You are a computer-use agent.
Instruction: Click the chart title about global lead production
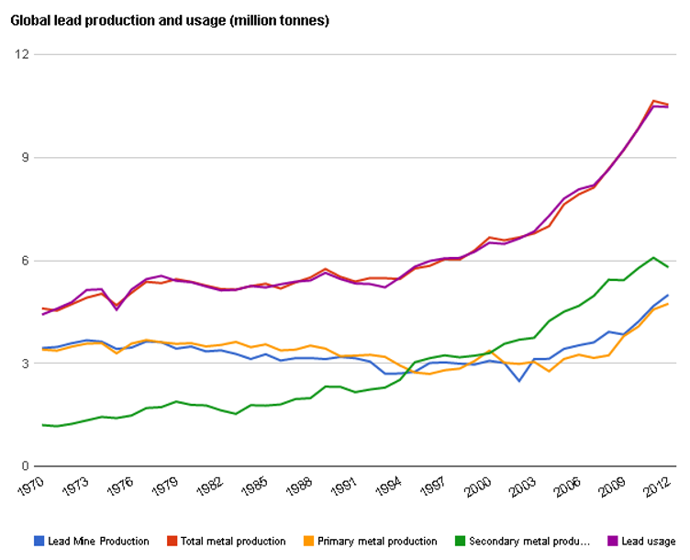[170, 20]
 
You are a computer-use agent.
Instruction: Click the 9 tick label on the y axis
[27, 157]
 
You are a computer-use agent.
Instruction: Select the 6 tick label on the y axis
[27, 260]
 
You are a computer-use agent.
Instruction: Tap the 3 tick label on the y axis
[27, 364]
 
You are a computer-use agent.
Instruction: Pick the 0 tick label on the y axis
[27, 466]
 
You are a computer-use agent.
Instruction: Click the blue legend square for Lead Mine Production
[39, 541]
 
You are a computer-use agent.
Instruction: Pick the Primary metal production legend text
[376, 542]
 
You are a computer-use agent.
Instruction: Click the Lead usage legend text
[648, 542]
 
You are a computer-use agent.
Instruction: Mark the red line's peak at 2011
[652, 101]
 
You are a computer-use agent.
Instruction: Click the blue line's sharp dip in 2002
[518, 381]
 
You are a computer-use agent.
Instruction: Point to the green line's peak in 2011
[652, 258]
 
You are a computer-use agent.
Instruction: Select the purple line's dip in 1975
[117, 309]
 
